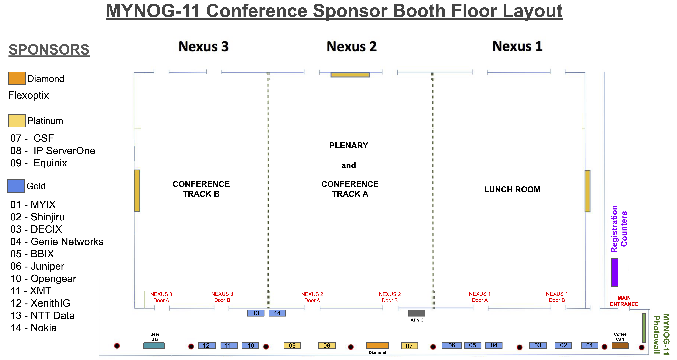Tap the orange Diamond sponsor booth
click(377, 345)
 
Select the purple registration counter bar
click(615, 272)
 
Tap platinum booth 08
click(327, 345)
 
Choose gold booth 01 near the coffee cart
click(589, 345)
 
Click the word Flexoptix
click(28, 95)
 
